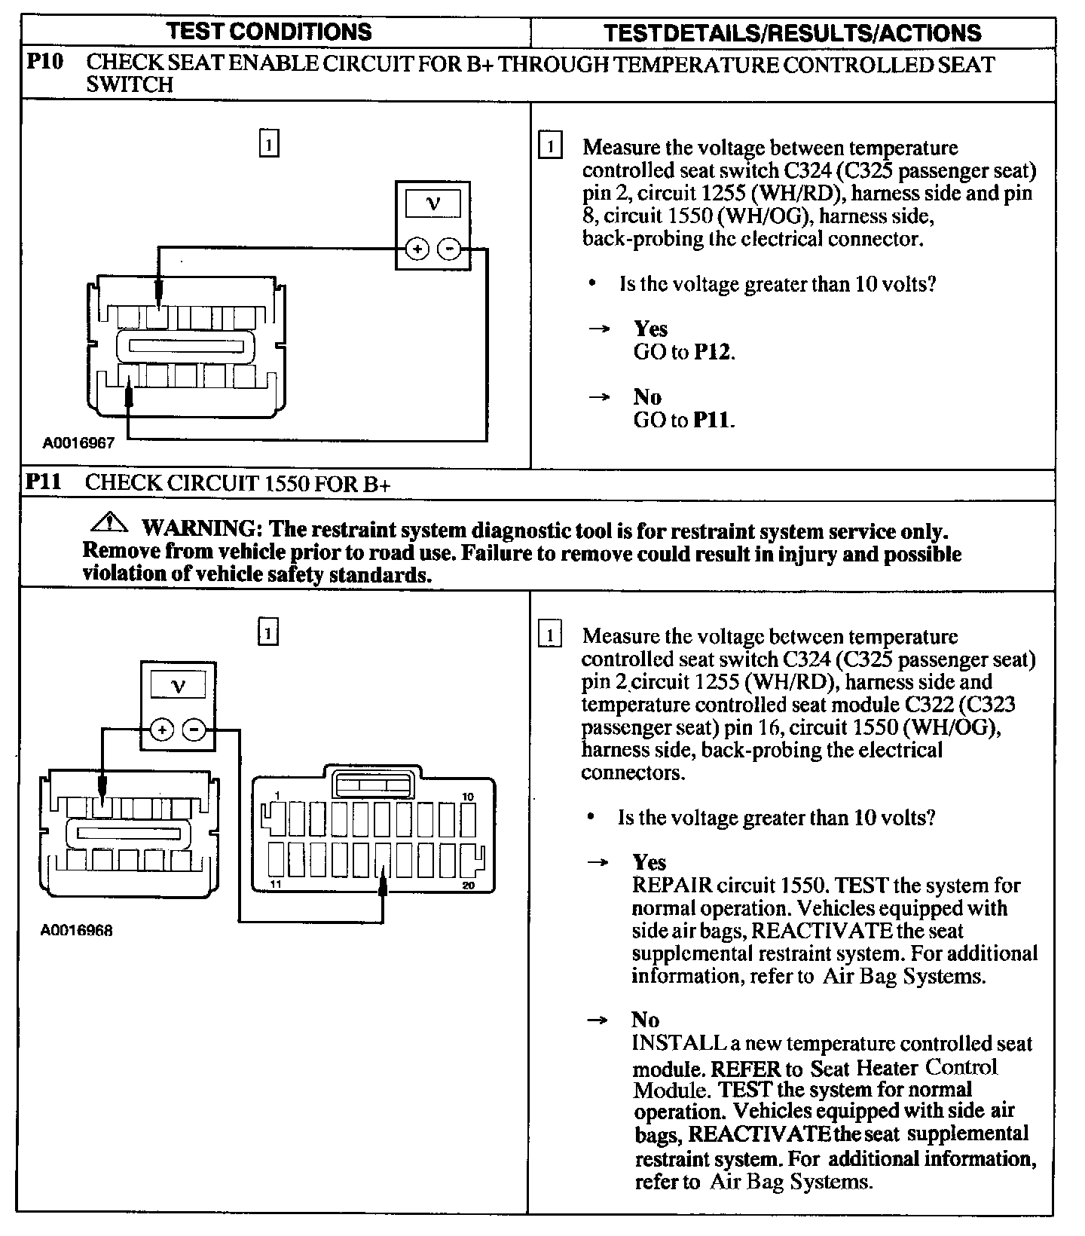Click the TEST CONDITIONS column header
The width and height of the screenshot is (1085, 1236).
click(269, 32)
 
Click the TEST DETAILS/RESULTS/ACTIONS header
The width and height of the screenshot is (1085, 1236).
click(793, 33)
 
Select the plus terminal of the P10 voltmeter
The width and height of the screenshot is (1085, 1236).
click(417, 249)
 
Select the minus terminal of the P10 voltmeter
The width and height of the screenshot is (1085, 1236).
click(450, 249)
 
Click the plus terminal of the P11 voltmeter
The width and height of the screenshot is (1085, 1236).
click(162, 730)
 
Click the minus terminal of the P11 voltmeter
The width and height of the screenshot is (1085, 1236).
click(194, 730)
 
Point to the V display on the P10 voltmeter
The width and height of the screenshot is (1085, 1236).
click(433, 203)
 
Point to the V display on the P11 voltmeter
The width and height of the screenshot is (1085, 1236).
click(178, 685)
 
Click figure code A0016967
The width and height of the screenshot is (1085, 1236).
click(78, 443)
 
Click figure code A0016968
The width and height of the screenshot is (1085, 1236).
click(77, 931)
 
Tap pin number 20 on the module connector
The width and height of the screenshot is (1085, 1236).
click(468, 885)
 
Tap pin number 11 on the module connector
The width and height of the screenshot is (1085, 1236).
click(276, 884)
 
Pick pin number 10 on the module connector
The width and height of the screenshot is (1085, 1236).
click(468, 797)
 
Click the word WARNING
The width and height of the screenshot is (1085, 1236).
click(198, 531)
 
